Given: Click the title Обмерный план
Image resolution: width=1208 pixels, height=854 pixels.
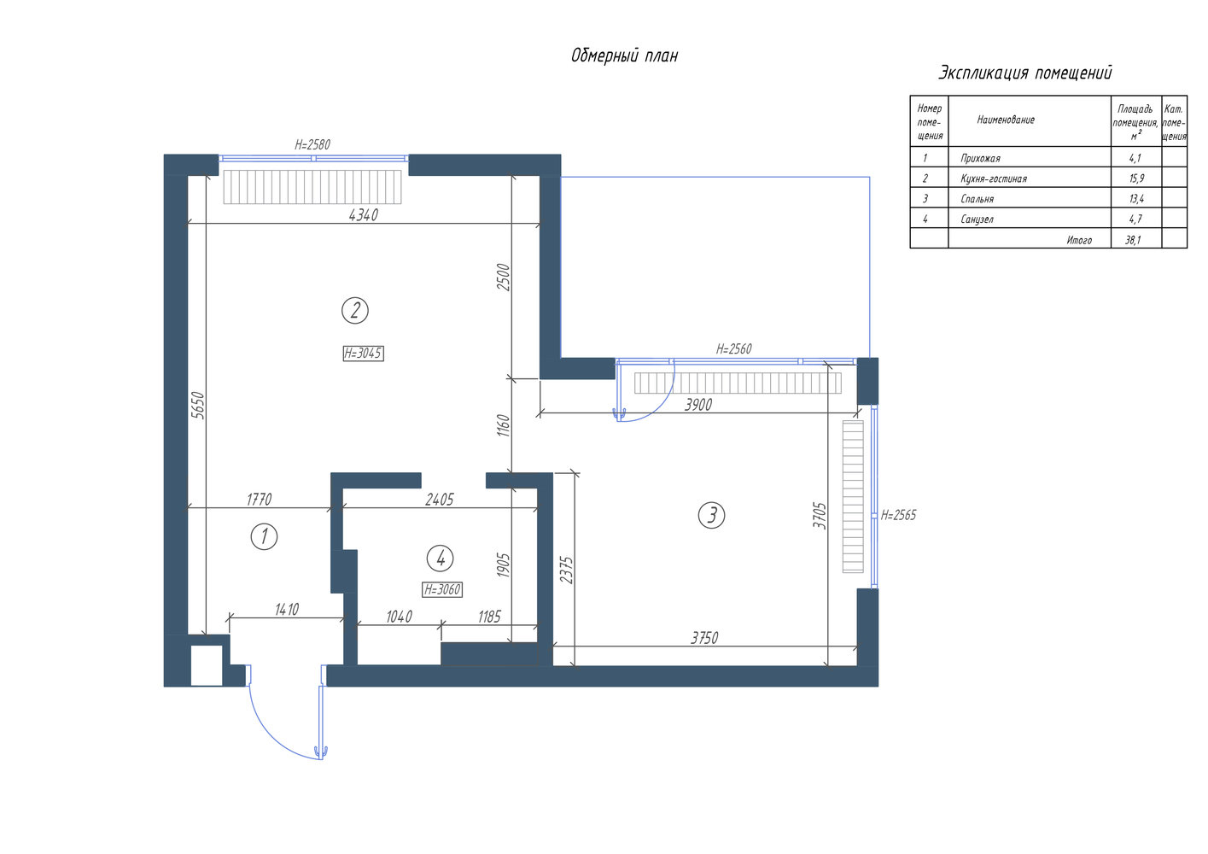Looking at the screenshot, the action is pyautogui.click(x=624, y=56).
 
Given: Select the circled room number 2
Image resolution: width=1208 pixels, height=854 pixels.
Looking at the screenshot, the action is pyautogui.click(x=355, y=311).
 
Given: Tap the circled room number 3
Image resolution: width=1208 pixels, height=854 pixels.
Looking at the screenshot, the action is pyautogui.click(x=711, y=515).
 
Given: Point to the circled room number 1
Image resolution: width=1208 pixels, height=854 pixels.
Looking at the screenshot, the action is pyautogui.click(x=265, y=537).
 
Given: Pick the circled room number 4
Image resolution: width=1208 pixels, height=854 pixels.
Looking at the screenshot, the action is pyautogui.click(x=440, y=559).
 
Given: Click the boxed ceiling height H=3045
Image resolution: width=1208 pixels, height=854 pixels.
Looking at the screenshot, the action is pyautogui.click(x=363, y=354).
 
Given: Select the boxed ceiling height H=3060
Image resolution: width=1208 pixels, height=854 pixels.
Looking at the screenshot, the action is pyautogui.click(x=441, y=589).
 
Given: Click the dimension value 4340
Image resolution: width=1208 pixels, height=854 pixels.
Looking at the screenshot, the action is pyautogui.click(x=364, y=215).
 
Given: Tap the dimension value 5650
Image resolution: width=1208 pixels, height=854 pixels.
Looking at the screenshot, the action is pyautogui.click(x=198, y=406).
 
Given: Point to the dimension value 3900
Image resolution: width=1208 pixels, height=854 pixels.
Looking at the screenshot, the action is pyautogui.click(x=698, y=405).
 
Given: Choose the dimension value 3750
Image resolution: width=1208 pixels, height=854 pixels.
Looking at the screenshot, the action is pyautogui.click(x=704, y=638).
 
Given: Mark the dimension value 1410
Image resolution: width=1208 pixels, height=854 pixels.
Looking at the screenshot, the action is pyautogui.click(x=286, y=610).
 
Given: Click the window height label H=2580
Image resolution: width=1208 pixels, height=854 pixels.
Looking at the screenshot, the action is pyautogui.click(x=312, y=144).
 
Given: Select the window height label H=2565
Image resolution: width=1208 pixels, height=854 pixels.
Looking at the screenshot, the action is pyautogui.click(x=898, y=515).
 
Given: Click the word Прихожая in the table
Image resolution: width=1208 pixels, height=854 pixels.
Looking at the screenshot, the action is pyautogui.click(x=980, y=159).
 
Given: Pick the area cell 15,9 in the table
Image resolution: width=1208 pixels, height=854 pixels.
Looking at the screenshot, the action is pyautogui.click(x=1137, y=178).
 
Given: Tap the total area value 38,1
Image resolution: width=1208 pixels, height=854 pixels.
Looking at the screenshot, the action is pyautogui.click(x=1133, y=240).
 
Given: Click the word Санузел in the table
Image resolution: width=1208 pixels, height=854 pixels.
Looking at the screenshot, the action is pyautogui.click(x=977, y=219).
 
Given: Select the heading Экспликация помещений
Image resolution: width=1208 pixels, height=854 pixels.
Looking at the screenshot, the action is pyautogui.click(x=1025, y=73).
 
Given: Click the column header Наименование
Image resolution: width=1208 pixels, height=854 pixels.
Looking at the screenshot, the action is pyautogui.click(x=1006, y=120).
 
